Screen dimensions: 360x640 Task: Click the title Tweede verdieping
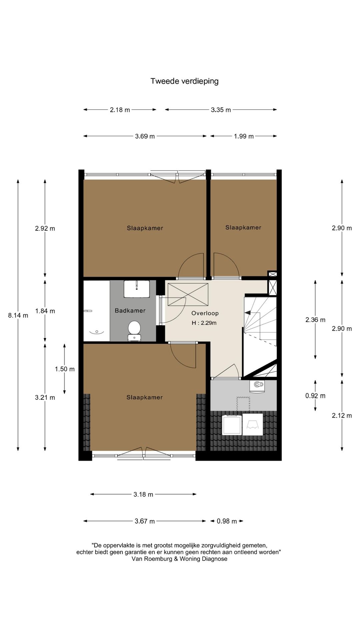pos(184,81)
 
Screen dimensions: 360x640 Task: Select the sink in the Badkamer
pos(137,289)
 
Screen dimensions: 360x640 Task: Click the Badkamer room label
pos(130,311)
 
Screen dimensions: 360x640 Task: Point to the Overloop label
pos(205,313)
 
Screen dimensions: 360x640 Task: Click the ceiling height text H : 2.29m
pos(204,323)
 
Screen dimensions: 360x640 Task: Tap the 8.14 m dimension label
pos(18,315)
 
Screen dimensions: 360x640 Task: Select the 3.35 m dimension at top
pos(221,110)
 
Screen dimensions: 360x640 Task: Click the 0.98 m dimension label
pos(227,521)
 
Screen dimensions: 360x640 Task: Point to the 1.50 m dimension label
pos(65,369)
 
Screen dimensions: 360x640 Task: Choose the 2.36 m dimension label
pos(315,320)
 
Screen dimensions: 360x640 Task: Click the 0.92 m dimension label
pos(315,396)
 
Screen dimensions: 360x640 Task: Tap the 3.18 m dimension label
pos(143,494)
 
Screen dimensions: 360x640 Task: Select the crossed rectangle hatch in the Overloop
pos(188,294)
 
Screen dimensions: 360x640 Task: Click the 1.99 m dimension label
pos(244,136)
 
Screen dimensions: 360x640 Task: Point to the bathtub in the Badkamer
pos(96,311)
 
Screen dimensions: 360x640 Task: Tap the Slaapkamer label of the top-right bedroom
pos(243,228)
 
